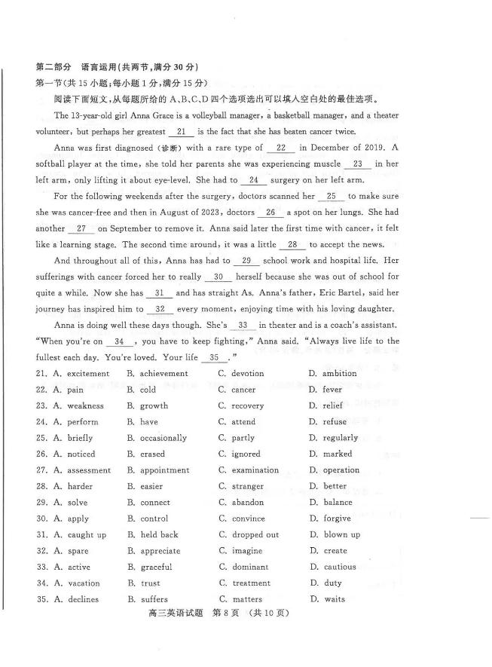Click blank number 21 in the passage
pyautogui.click(x=180, y=131)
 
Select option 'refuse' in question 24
pyautogui.click(x=335, y=422)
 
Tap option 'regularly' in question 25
pyautogui.click(x=340, y=438)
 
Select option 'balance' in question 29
pyautogui.click(x=338, y=503)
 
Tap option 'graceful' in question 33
pyautogui.click(x=156, y=568)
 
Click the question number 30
pyautogui.click(x=41, y=519)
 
